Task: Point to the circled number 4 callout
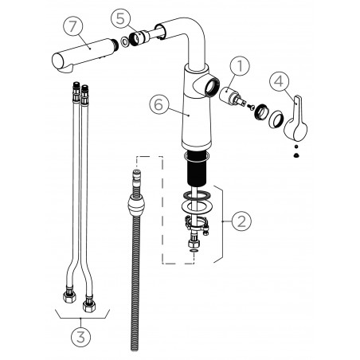279,81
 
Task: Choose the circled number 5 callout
119,17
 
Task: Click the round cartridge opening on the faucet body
213,85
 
